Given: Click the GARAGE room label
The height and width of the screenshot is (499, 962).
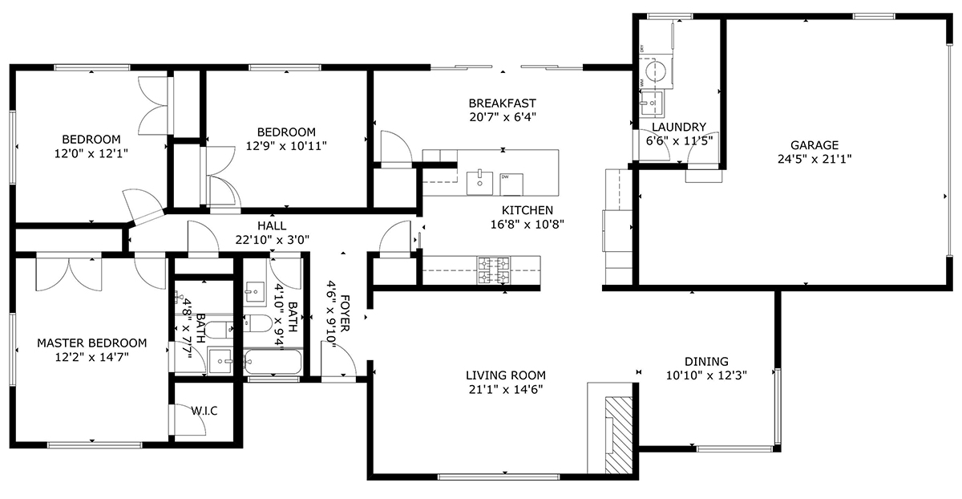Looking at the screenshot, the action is pos(814,145).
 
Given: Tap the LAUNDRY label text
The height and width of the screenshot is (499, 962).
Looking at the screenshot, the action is pos(679,128).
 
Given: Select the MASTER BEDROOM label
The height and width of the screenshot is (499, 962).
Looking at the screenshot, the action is pos(92,343).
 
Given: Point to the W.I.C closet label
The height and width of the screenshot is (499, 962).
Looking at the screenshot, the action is pos(204,412).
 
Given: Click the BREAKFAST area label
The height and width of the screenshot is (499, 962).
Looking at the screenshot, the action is pos(503,103).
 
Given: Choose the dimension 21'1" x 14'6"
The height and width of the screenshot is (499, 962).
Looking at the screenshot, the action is pos(506,389).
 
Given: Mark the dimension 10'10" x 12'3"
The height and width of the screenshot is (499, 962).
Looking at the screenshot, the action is pos(706,375).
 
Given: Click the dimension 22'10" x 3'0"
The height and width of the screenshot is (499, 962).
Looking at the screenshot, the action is pos(273,240).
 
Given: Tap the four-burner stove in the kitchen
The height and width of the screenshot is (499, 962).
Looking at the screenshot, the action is pos(494,271).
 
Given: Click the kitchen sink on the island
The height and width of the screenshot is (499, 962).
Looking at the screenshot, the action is pos(479,183).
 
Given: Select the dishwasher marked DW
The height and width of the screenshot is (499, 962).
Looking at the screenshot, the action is pos(511,185).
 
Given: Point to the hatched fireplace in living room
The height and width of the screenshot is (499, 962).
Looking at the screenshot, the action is pos(619,435).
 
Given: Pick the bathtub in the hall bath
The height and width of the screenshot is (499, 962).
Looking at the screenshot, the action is pos(273,362).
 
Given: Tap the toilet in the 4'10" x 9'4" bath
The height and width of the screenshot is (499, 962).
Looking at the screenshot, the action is pos(257,323).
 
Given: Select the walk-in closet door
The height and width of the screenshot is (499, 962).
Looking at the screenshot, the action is pos(188,420).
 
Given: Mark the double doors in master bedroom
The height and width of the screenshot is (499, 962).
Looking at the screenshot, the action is pos(69,274).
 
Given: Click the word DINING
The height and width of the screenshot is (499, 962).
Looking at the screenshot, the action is pos(706,362).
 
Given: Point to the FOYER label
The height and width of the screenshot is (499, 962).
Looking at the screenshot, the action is pos(345,314).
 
